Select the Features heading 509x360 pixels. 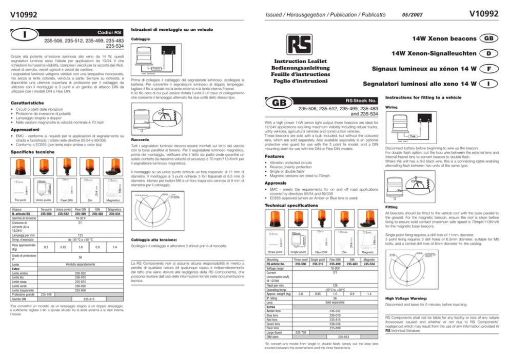[273, 157]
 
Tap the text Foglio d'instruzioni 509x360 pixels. [300, 81]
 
